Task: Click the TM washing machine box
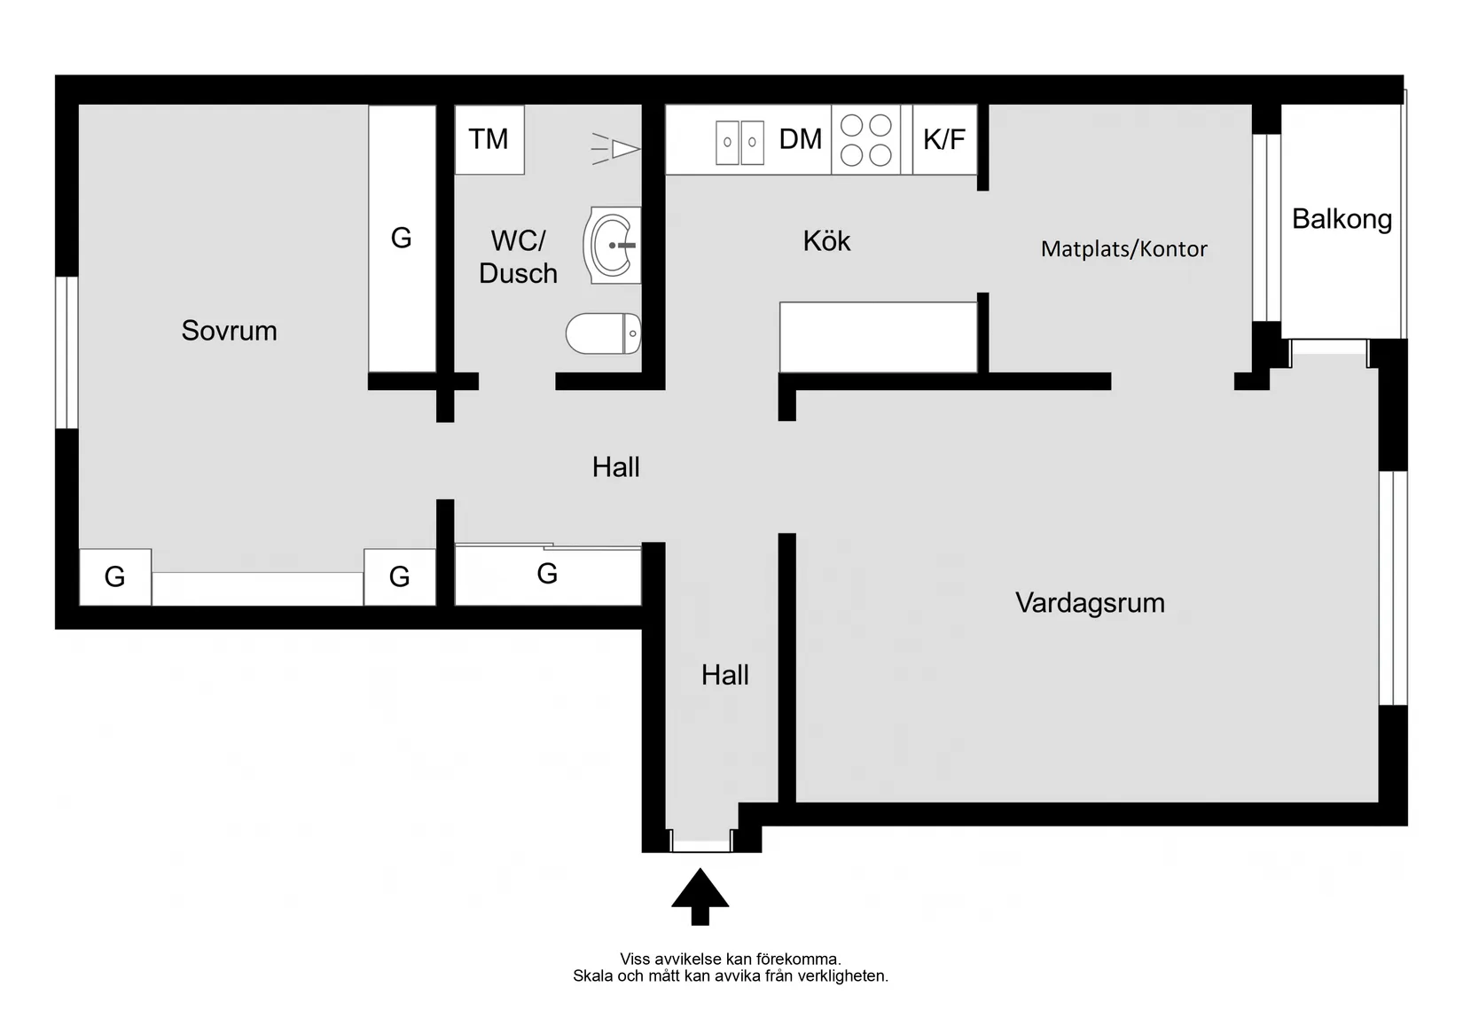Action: (x=489, y=139)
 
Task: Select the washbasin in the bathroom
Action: (x=612, y=245)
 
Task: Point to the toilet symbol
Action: (x=603, y=333)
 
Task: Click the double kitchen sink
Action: (x=739, y=142)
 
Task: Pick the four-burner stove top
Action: (x=865, y=140)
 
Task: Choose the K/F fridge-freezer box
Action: (x=944, y=139)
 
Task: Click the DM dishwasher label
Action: (x=800, y=139)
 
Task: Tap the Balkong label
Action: (x=1341, y=218)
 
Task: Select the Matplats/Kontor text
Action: (x=1123, y=248)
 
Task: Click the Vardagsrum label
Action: (x=1090, y=603)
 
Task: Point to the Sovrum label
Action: (x=229, y=331)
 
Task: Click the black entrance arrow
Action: (x=700, y=896)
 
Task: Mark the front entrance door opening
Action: (x=700, y=840)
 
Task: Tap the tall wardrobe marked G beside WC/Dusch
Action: (x=402, y=238)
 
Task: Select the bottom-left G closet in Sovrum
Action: (x=115, y=577)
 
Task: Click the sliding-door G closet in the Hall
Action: (x=547, y=575)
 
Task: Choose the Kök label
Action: (x=826, y=241)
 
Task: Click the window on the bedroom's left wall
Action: (x=66, y=352)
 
